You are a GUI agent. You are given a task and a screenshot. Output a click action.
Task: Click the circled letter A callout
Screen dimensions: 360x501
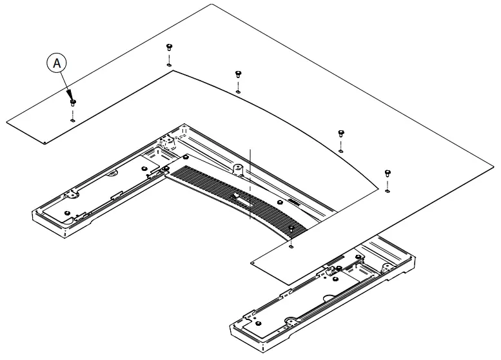pyautogui.click(x=56, y=64)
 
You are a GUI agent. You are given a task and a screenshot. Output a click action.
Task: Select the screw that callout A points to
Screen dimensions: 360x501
pyautogui.click(x=72, y=102)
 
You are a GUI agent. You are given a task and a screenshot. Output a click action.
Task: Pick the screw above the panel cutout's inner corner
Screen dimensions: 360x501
pyautogui.click(x=168, y=46)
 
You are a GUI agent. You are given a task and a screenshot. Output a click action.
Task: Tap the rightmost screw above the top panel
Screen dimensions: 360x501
pyautogui.click(x=387, y=172)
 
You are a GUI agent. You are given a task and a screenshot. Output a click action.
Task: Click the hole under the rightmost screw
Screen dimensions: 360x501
pyautogui.click(x=387, y=190)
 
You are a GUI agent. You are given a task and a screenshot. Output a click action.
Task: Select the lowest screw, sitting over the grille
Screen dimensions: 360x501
pyautogui.click(x=292, y=228)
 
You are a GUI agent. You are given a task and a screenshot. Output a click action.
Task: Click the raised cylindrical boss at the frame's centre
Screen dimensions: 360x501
pyautogui.click(x=237, y=169)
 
